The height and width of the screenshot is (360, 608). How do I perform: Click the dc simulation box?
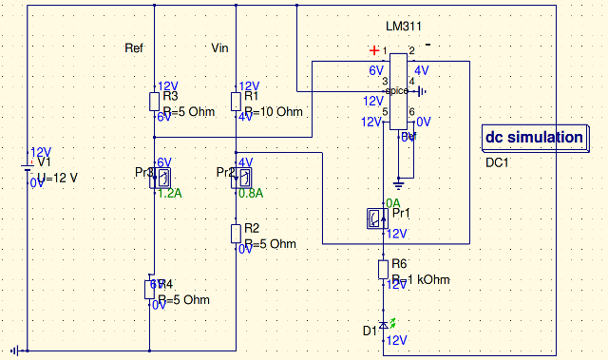(x=534, y=137)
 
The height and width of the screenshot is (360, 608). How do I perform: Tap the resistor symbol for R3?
(x=154, y=102)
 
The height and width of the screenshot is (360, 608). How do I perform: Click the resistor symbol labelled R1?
(x=236, y=102)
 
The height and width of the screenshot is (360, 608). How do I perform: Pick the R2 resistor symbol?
(x=236, y=233)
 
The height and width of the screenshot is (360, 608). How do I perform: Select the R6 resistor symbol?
(x=383, y=269)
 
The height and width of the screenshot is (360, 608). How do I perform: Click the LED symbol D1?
(x=383, y=326)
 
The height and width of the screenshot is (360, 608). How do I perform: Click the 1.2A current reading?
(x=169, y=193)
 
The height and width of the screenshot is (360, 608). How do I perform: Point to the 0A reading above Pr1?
(x=392, y=204)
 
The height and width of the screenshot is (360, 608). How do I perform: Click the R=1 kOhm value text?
(x=420, y=280)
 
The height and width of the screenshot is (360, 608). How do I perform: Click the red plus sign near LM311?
(x=375, y=49)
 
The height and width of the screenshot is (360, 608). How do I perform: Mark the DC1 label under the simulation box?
(x=499, y=162)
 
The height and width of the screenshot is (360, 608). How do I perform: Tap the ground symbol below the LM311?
(x=400, y=180)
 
